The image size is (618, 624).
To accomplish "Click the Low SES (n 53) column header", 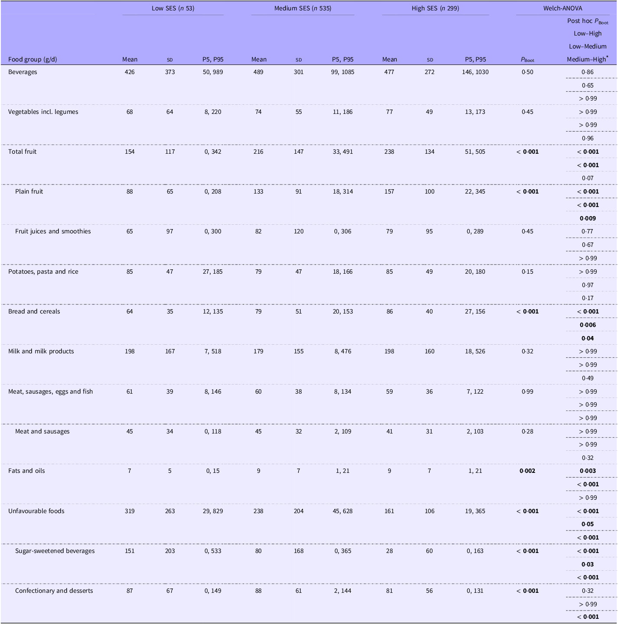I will [x=173, y=8].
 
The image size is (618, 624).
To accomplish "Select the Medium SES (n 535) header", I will [x=302, y=8].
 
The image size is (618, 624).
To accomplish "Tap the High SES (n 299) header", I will [x=435, y=8].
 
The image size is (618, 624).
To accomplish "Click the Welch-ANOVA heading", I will [x=563, y=8].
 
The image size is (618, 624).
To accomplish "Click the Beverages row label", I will [x=23, y=72].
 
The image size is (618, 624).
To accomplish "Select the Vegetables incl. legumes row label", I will [x=43, y=112].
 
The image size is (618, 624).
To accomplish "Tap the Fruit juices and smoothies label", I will [x=53, y=231].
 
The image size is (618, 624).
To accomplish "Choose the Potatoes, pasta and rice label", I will [x=43, y=272].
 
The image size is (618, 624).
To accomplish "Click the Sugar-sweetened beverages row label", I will [x=55, y=551].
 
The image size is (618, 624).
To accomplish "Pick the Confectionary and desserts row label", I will [x=54, y=591].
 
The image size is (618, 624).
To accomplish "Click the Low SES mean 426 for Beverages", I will [x=129, y=72].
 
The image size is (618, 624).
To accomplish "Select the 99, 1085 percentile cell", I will [x=342, y=72].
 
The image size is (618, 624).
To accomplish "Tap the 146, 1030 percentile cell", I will [x=475, y=72].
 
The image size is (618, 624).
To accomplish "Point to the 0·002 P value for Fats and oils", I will [x=527, y=471].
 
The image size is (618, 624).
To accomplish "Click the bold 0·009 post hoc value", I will [x=588, y=218].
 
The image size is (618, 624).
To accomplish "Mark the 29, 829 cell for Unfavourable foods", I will [x=212, y=511].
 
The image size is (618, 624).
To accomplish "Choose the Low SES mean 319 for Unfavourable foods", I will [x=129, y=511].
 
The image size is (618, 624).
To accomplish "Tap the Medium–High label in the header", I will [x=587, y=59].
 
